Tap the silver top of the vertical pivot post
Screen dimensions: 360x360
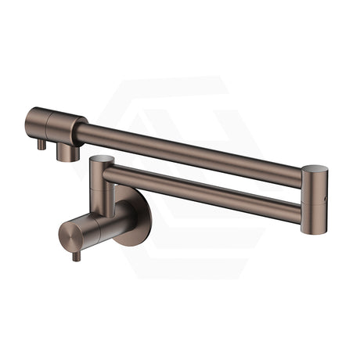point(100,160)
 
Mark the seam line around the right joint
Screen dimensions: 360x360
point(312,185)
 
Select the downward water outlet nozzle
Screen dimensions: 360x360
point(68,151)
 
